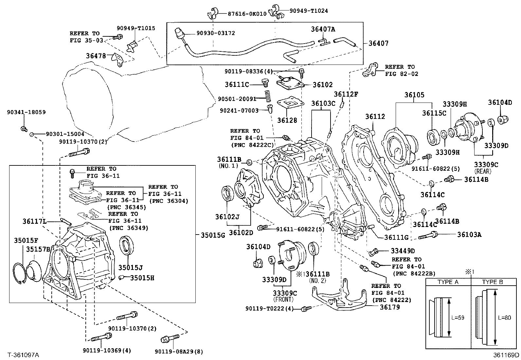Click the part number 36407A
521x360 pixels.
pos(323,29)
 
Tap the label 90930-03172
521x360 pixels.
pos(216,33)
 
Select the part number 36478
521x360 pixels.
pos(96,56)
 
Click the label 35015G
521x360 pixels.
pos(213,235)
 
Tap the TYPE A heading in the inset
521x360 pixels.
pos(448,282)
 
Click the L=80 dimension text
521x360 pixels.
pos(504,318)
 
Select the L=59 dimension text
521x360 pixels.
pos(458,318)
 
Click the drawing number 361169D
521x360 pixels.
pos(506,355)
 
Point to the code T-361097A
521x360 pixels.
pos(23,355)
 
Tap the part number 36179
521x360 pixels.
pos(390,307)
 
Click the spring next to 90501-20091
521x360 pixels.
pos(268,96)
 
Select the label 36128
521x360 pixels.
pos(287,121)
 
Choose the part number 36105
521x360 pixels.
pos(414,95)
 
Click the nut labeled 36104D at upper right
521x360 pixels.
pos(503,120)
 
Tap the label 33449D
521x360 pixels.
pos(403,251)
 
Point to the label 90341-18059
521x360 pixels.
pos(26,112)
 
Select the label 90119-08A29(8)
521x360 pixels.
pos(179,351)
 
